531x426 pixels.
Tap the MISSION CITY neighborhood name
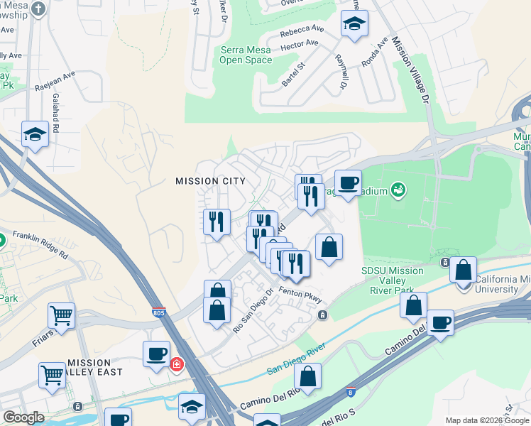210,181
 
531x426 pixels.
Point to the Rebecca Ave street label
302,31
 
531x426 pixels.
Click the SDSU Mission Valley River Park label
392,280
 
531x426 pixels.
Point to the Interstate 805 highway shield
160,312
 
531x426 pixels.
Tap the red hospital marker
176,365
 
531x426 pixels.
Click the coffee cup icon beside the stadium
348,183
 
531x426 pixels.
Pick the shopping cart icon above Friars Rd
62,315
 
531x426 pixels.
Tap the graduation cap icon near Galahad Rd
35,133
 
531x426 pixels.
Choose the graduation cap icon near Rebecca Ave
354,24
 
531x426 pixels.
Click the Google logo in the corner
23,417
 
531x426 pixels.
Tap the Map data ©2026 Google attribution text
486,420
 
